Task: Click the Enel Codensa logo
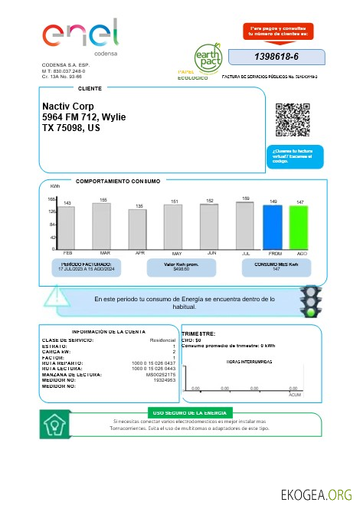point(80,38)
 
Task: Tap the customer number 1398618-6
point(276,57)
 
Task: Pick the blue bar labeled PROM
point(273,227)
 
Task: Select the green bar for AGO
point(299,228)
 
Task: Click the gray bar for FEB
point(67,228)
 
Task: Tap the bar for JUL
point(245,225)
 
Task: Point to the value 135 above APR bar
point(140,206)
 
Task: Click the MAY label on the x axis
point(176,253)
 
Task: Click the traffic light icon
point(310,301)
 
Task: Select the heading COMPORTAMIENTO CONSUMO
point(118,181)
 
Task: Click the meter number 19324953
point(165,379)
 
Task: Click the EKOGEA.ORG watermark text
point(316,494)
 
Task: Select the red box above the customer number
point(277,31)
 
